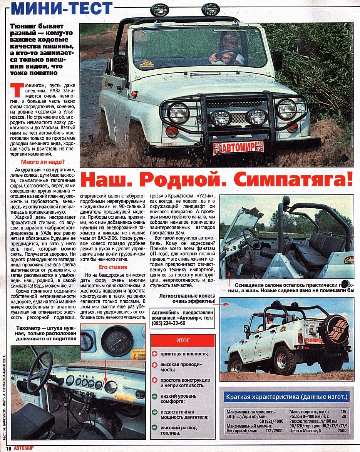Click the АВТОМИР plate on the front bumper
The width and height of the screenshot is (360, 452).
pyautogui.click(x=239, y=147)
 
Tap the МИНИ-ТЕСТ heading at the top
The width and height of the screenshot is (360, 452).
pyautogui.click(x=62, y=8)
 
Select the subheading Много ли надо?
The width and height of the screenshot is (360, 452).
pyautogui.click(x=43, y=162)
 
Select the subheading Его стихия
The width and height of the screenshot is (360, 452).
pyautogui.click(x=113, y=267)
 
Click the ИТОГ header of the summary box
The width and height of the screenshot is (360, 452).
pyautogui.click(x=183, y=341)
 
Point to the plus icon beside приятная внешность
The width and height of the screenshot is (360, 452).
pyautogui.click(x=155, y=353)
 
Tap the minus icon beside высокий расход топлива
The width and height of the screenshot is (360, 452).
pyautogui.click(x=155, y=427)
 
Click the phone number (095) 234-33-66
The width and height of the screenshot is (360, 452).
pyautogui.click(x=169, y=323)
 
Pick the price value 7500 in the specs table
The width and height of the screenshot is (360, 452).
pyautogui.click(x=341, y=430)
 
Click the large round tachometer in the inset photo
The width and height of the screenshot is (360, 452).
pyautogui.click(x=117, y=341)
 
